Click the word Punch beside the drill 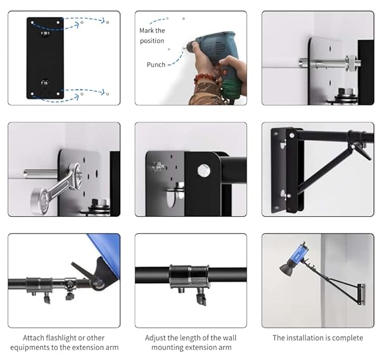coord(156,65)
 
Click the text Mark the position coord(152,35)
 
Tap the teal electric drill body coord(215,47)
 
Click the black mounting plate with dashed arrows coord(45,57)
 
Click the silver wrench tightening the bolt coord(60,186)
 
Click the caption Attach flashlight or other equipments coord(64,342)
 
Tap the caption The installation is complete coord(318,338)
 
